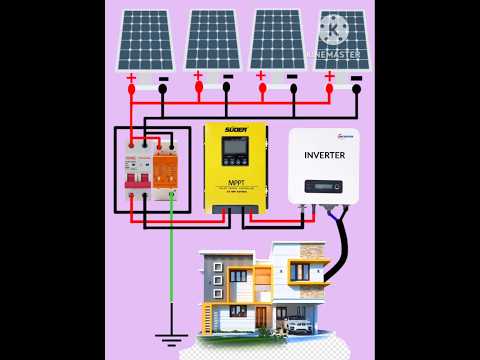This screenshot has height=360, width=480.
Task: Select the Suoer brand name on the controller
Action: click(235, 130)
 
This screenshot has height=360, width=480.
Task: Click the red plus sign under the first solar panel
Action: click(131, 76)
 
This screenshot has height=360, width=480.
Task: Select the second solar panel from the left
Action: click(213, 39)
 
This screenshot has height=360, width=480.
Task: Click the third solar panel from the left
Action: click(276, 39)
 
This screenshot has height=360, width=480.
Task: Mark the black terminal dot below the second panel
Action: click(227, 88)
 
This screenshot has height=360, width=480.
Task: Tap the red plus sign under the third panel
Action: click(261, 75)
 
